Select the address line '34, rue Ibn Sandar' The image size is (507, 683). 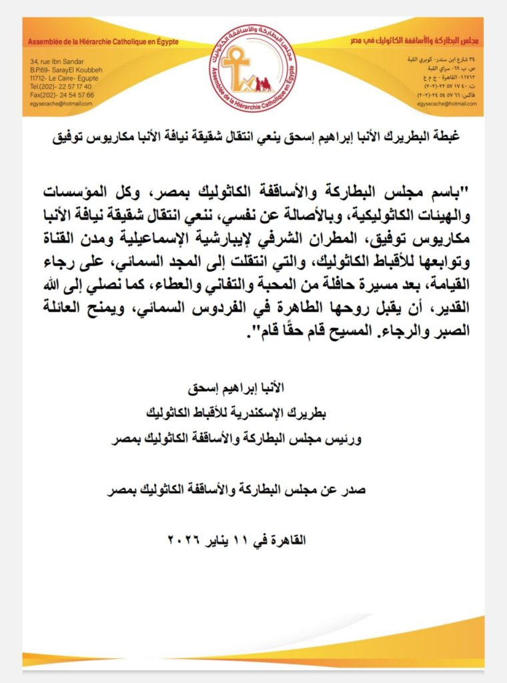coord(54,61)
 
